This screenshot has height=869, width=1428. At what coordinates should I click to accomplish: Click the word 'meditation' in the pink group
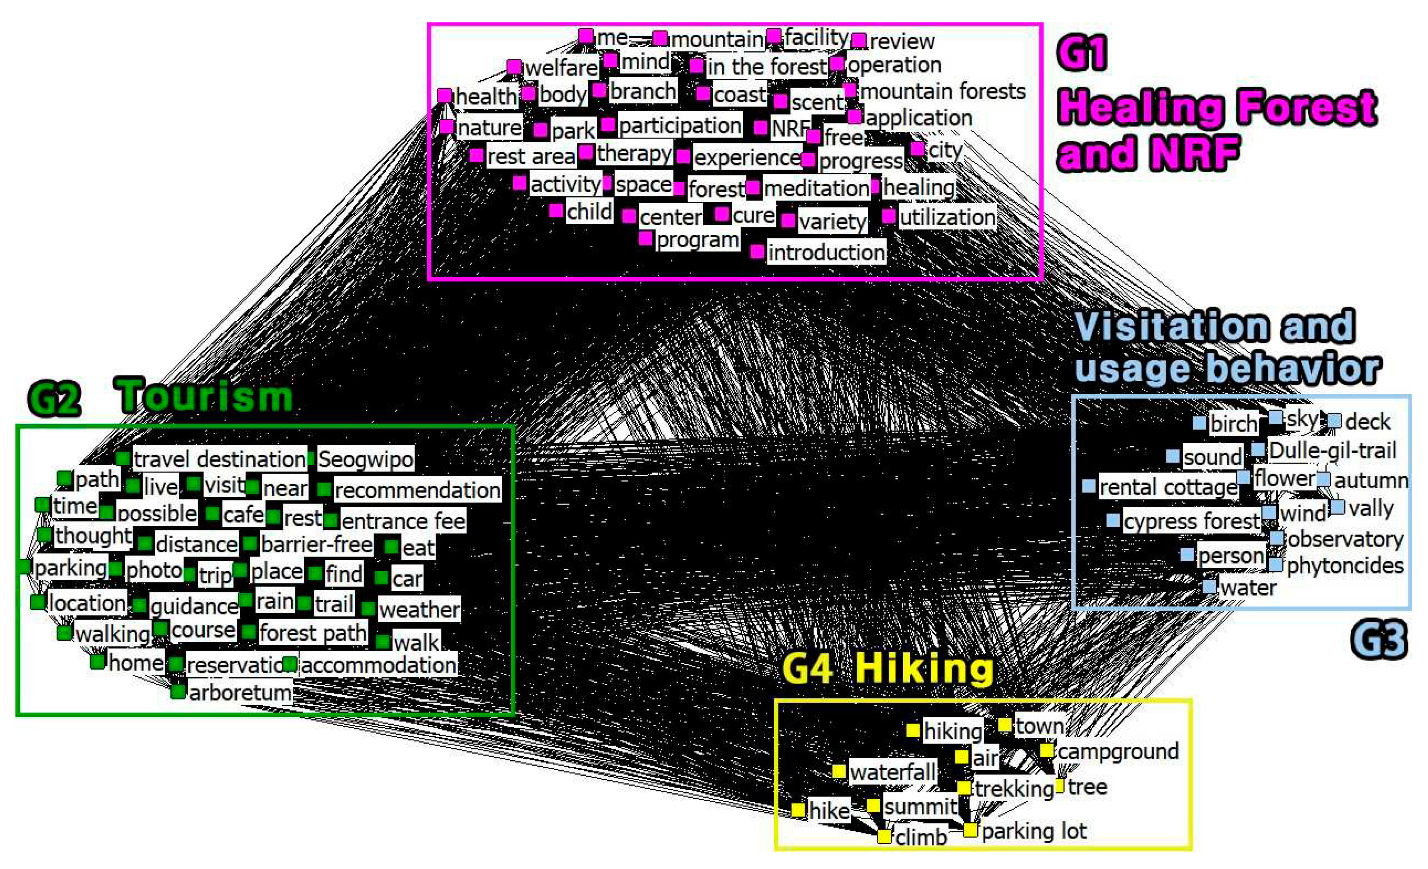816,188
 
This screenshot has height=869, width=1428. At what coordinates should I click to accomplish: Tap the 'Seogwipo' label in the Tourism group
365,459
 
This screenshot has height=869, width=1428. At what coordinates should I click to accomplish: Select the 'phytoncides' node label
1345,566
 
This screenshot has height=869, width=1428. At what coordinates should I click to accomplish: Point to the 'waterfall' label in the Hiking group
892,772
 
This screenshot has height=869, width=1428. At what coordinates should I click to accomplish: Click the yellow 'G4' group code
808,669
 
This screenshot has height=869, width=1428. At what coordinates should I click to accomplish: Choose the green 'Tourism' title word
206,397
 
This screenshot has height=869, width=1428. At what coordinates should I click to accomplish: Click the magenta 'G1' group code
1081,52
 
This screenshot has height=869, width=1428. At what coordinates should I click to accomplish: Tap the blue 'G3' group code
1378,640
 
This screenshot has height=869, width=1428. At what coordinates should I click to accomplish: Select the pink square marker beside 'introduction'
757,251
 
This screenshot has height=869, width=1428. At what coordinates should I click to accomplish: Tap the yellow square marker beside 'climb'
884,836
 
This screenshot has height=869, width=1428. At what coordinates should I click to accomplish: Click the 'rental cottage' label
1168,488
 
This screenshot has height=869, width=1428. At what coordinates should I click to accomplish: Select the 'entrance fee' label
403,521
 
